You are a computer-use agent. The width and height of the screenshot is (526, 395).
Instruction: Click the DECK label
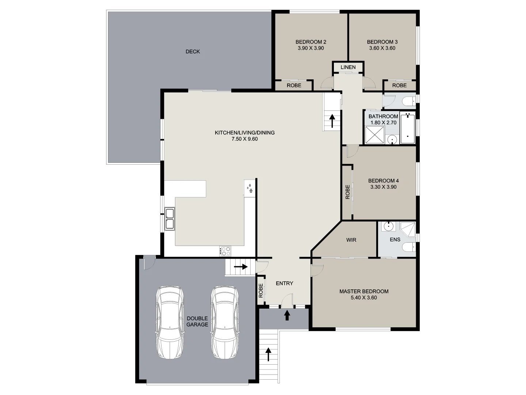pyautogui.click(x=193, y=52)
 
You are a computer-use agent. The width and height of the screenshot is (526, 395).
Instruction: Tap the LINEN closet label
pyautogui.click(x=348, y=67)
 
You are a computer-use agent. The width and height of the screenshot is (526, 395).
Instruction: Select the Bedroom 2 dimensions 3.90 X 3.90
pyautogui.click(x=310, y=48)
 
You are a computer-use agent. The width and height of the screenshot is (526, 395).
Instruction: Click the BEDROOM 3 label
pyautogui.click(x=382, y=42)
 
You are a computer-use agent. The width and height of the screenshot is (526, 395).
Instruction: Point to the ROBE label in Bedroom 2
pyautogui.click(x=294, y=86)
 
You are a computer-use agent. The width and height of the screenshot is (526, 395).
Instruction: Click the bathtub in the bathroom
pyautogui.click(x=407, y=128)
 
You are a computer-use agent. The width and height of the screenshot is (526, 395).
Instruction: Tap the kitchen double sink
pyautogui.click(x=169, y=218)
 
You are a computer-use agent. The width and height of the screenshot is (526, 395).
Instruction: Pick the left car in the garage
pyautogui.click(x=170, y=322)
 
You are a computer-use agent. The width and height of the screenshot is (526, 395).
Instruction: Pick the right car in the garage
pyautogui.click(x=225, y=322)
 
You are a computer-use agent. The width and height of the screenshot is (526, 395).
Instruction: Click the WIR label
pyautogui.click(x=351, y=240)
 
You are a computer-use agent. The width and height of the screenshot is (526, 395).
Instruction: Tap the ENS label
pyautogui.click(x=395, y=240)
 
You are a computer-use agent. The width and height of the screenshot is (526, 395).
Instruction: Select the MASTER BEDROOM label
pyautogui.click(x=364, y=291)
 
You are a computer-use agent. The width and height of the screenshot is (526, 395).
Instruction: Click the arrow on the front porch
pyautogui.click(x=287, y=315)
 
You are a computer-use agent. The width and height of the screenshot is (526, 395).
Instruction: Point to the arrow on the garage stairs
pyautogui.click(x=241, y=267)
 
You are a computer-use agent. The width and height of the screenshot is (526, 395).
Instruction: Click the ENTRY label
pyautogui.click(x=284, y=283)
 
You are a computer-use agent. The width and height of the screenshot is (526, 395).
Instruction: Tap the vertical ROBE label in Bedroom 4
pyautogui.click(x=347, y=192)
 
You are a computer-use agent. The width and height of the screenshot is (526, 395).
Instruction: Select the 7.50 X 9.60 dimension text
pyautogui.click(x=244, y=139)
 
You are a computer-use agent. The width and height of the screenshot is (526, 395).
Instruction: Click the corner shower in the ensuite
pyautogui.click(x=408, y=229)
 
